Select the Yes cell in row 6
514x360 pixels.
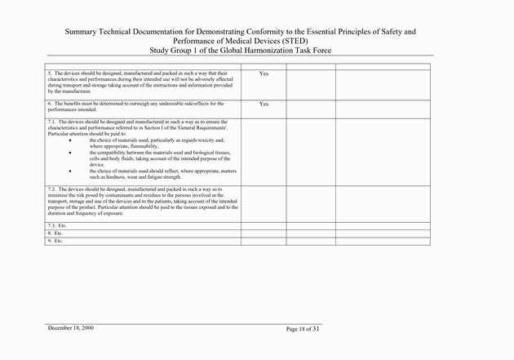(x=264, y=104)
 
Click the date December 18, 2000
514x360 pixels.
(x=70, y=328)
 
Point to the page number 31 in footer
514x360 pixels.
(x=315, y=329)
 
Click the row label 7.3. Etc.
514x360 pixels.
(x=57, y=224)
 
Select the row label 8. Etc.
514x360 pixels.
(x=55, y=233)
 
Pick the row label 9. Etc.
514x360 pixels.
(x=55, y=241)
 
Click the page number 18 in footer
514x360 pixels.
(x=300, y=329)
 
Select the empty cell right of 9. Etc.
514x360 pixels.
(x=264, y=241)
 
